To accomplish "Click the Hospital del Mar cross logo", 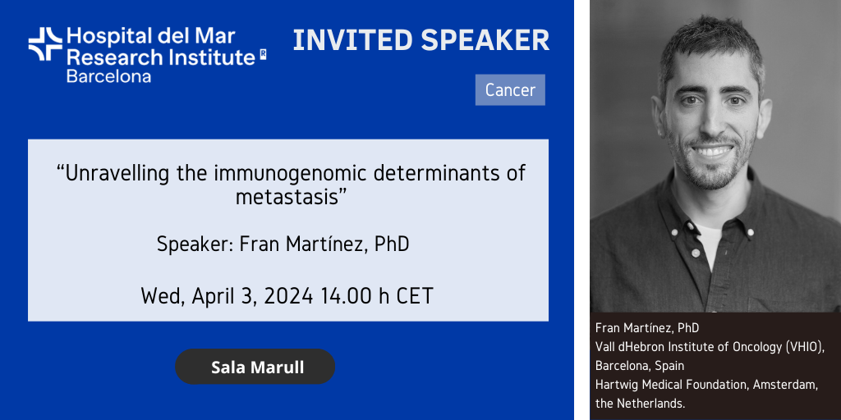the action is [46, 44].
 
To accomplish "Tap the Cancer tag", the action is [510, 90].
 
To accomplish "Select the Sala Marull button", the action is [255, 367].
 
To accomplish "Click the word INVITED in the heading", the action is [352, 41].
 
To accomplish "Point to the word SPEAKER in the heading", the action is [485, 41].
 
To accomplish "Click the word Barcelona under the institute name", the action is [108, 75].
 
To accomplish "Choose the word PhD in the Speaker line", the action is [392, 244].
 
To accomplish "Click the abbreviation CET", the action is [415, 295].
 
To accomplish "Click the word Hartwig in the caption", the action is [614, 385].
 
